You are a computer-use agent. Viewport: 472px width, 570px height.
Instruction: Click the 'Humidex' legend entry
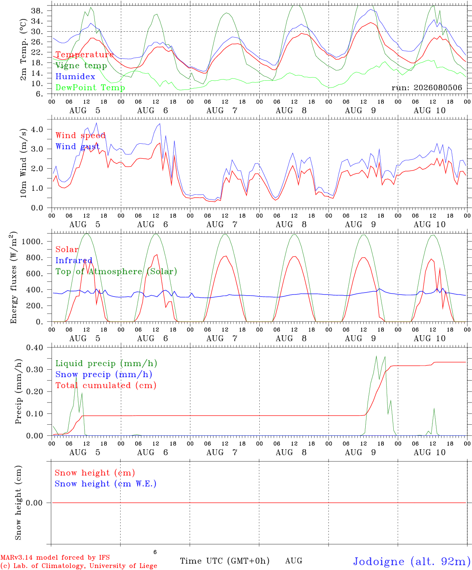(x=75, y=76)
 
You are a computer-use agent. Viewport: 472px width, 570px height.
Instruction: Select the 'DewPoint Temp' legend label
(x=90, y=87)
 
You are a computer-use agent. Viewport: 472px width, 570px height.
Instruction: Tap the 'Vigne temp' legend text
(x=81, y=66)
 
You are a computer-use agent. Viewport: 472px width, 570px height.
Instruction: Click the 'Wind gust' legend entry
(x=77, y=146)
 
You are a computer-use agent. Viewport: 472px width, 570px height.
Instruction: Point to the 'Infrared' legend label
(x=74, y=260)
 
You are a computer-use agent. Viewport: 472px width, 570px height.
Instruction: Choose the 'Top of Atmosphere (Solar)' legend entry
(x=117, y=272)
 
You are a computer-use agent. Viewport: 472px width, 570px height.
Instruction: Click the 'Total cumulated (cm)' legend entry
(x=106, y=385)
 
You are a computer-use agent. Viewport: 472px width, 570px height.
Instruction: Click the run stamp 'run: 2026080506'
(x=427, y=87)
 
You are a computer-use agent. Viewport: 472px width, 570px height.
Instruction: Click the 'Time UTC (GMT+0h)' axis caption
(x=225, y=561)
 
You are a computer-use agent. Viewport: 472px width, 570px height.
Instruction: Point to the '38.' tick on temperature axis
(x=37, y=11)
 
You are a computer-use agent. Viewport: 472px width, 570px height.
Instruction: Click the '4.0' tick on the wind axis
(x=37, y=129)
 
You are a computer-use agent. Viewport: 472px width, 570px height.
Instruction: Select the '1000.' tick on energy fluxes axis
(x=32, y=241)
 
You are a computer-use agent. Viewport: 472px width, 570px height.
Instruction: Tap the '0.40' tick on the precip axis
(x=35, y=348)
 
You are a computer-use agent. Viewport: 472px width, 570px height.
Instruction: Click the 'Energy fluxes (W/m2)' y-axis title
(x=13, y=277)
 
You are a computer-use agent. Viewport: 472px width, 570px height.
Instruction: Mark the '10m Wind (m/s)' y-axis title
(x=23, y=163)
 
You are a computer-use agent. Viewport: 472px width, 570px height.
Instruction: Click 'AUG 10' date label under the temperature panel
(x=429, y=110)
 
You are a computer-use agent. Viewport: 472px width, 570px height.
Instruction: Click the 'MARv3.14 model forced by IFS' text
(x=55, y=557)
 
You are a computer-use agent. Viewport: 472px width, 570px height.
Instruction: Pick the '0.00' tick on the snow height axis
(x=34, y=503)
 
